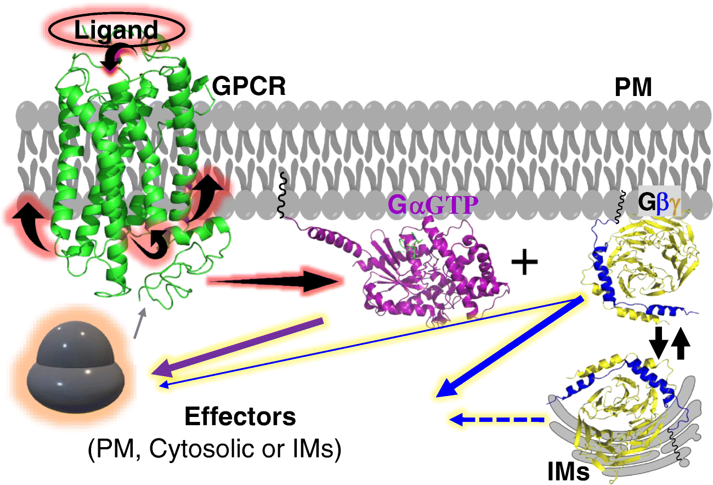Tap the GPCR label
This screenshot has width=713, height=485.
(x=249, y=86)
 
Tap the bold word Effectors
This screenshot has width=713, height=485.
(x=240, y=418)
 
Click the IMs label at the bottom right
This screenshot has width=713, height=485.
(x=568, y=471)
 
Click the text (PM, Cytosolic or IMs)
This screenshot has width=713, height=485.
(x=214, y=450)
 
